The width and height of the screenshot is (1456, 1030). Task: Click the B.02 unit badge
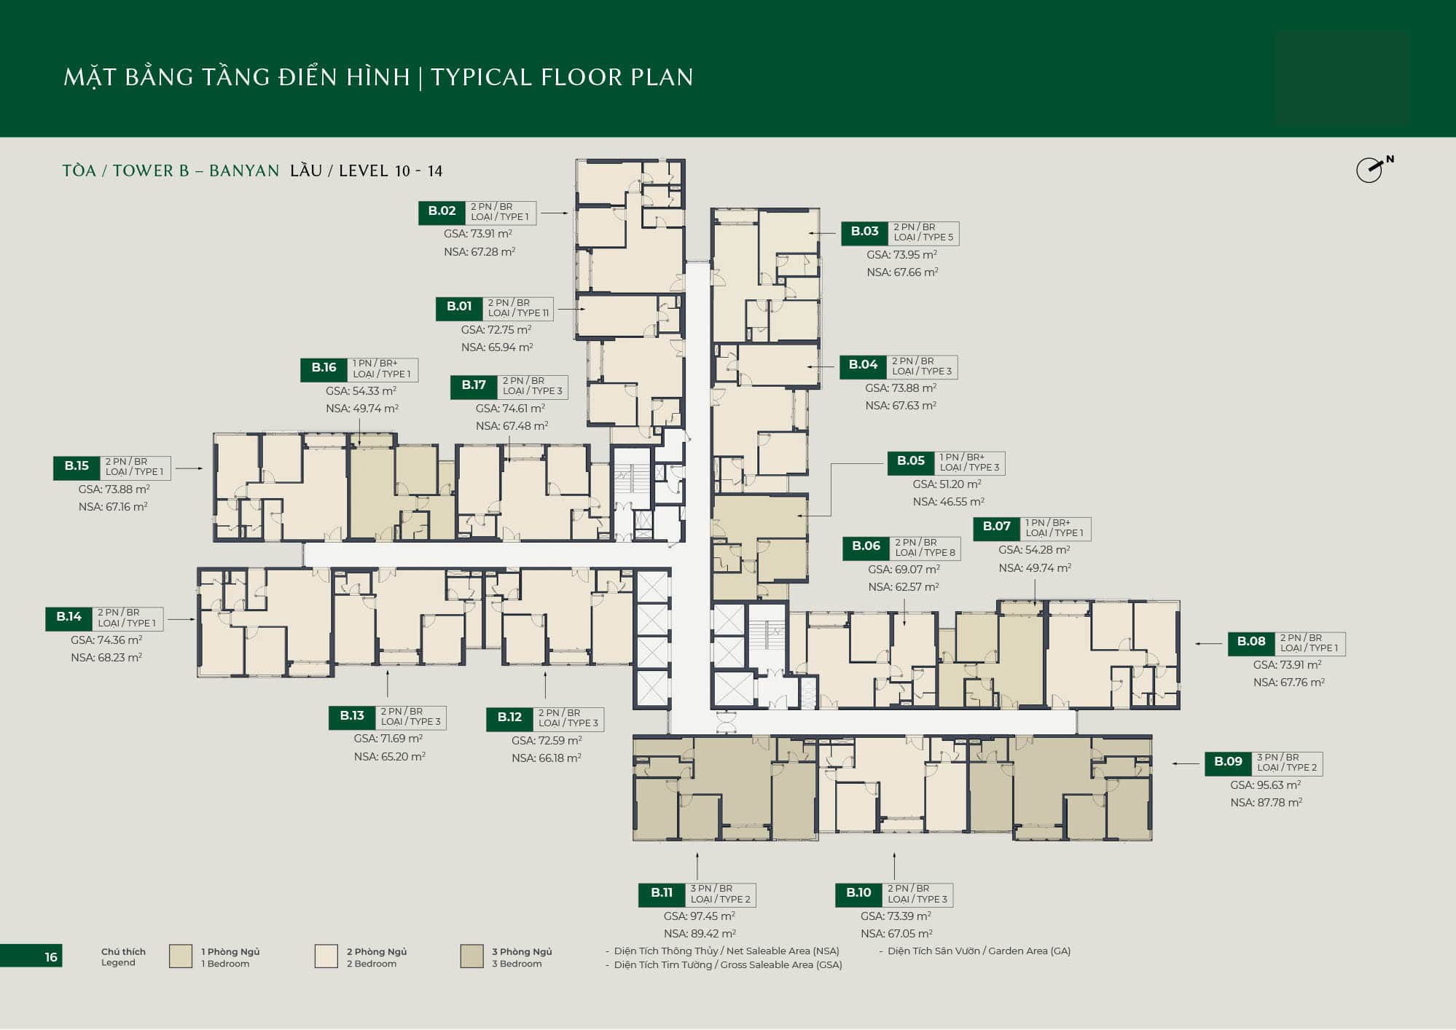coord(442,212)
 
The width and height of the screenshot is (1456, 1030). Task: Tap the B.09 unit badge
coord(1228,763)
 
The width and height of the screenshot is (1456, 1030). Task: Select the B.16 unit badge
coord(324,369)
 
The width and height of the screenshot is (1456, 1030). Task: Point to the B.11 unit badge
coord(662,894)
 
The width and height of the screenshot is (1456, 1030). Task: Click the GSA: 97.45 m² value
coord(699,916)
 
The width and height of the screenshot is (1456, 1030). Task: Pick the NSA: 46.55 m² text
coord(948,502)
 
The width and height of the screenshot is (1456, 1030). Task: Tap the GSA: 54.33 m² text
coord(361,391)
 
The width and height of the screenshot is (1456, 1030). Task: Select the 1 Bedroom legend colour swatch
coord(181,956)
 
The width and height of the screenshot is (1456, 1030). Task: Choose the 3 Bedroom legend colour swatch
coord(471,956)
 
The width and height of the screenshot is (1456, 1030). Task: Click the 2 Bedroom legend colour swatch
coord(326,956)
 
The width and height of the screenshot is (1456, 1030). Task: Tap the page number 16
coord(51,957)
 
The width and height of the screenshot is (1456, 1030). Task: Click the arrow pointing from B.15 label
coord(189,468)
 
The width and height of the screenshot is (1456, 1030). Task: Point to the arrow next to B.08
coord(1208,644)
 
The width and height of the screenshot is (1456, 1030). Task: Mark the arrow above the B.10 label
coord(894,866)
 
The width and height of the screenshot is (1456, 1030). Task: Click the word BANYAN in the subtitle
coord(244,171)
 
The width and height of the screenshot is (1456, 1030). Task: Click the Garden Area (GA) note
coord(979,951)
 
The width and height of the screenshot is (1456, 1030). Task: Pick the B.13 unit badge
coord(352,717)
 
